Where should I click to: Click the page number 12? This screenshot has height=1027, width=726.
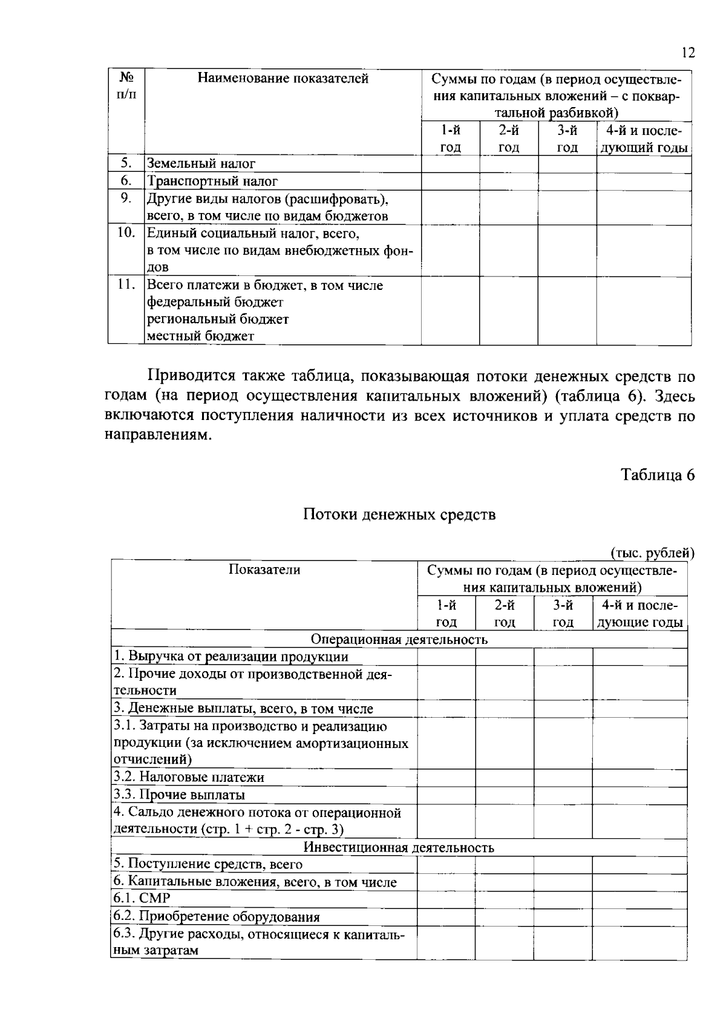pos(687,53)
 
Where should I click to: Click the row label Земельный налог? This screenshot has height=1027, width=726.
pos(201,163)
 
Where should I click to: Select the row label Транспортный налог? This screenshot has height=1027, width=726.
pos(212,181)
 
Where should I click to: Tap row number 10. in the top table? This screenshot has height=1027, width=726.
pos(126,233)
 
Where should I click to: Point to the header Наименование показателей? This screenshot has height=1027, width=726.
pos(283,78)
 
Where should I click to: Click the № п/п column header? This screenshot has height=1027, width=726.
pos(126,85)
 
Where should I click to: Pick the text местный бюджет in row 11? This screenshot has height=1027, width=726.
pos(201,336)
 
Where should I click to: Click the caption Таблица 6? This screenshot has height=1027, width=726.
pos(658,475)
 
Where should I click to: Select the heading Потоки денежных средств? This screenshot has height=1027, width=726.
pos(399,515)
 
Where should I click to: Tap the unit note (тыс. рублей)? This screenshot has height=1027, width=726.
pos(652,552)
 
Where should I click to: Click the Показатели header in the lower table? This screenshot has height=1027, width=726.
pos(264,569)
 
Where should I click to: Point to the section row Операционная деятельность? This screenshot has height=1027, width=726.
pos(399,639)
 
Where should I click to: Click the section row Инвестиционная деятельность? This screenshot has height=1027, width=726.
pos(399,847)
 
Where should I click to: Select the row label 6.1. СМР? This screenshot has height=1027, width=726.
pos(142,898)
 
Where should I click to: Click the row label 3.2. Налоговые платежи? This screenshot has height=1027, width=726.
pos(189,778)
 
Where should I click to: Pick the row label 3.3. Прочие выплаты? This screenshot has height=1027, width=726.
pos(179,795)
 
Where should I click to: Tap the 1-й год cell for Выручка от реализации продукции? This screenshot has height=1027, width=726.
pos(446,657)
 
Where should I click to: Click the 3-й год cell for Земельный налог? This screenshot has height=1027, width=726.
pos(567,163)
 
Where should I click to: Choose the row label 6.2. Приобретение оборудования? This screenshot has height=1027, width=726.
pos(217,917)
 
